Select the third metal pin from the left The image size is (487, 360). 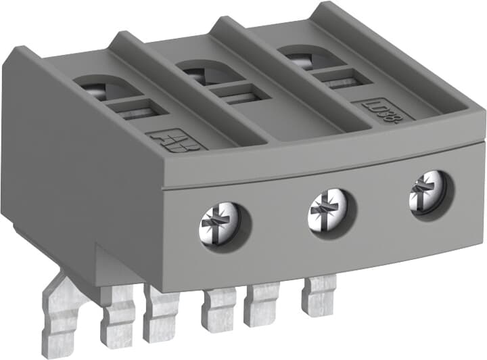pos(161,312)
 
